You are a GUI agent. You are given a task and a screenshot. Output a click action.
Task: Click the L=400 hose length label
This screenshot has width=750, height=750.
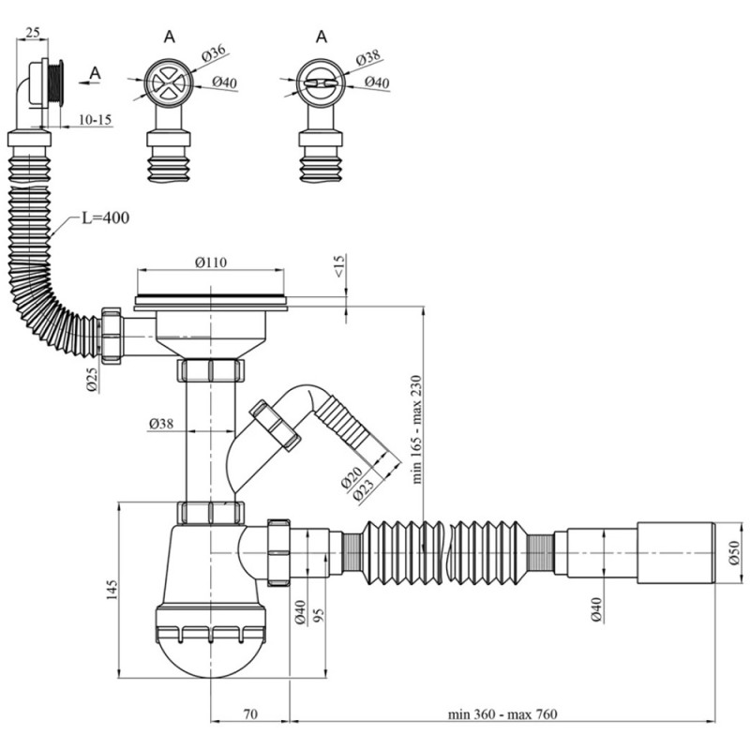(x=105, y=218)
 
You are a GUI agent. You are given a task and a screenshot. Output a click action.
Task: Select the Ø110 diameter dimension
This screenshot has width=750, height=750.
(x=211, y=262)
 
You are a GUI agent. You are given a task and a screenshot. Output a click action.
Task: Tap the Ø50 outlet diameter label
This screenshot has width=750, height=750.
(x=734, y=553)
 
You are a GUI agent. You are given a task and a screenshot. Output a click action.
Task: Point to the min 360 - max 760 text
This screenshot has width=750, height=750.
(x=502, y=714)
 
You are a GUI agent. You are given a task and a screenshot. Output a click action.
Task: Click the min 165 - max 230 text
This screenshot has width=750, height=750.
(x=416, y=429)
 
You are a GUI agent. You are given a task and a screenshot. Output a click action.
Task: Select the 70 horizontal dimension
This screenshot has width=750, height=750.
(x=250, y=714)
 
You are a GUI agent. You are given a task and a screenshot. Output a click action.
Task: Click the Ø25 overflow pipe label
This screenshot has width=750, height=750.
(x=92, y=381)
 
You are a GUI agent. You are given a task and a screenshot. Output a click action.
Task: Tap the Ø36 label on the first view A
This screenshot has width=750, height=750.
(x=214, y=52)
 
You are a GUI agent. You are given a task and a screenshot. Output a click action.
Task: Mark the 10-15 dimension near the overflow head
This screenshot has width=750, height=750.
(x=95, y=120)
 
